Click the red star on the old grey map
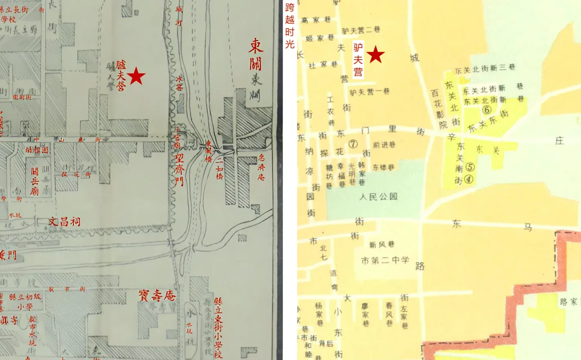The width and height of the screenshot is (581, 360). point(136,76)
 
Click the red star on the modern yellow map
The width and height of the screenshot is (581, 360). point(375,55)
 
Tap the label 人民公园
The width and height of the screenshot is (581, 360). point(378,197)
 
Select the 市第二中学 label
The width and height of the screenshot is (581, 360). point(385,260)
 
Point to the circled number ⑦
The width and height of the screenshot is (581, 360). point(353,144)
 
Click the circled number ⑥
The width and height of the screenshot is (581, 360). point(486,109)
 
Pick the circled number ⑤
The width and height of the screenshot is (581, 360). point(470,167)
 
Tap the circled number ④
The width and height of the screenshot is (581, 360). point(468,179)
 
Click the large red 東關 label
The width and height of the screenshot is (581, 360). point(256,55)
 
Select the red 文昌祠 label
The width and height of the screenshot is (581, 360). point(65,222)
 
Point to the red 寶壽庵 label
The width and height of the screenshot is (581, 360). point(157,296)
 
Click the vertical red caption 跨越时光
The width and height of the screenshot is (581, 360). point(290,25)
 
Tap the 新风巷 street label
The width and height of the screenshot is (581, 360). point(382,245)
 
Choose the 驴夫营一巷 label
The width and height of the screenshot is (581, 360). point(370,92)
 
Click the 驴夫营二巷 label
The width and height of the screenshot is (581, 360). point(361,30)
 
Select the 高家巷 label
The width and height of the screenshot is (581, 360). point(316,20)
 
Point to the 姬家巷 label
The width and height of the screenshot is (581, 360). point(320,38)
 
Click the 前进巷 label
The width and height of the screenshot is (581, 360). point(384,145)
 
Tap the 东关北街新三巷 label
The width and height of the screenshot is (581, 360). point(485,69)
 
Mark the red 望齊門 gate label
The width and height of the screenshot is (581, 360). point(179,169)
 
